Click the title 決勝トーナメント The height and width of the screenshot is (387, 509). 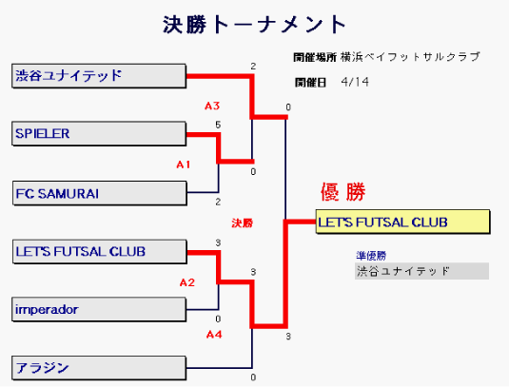coord(255,25)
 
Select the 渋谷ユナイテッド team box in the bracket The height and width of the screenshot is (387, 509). coord(99,76)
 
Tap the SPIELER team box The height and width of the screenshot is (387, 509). coord(99,134)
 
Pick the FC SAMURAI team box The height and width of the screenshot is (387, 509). coord(100,193)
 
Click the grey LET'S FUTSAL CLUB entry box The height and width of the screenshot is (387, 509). coord(100,252)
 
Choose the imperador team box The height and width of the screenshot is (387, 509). coord(99,309)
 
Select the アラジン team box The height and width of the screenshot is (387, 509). coord(99,368)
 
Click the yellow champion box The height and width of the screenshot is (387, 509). coord(402,222)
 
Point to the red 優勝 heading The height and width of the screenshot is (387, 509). coord(343,192)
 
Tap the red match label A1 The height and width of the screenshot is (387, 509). coord(184,164)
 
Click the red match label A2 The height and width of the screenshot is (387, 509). coord(187,282)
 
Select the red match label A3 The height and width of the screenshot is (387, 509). coord(212,106)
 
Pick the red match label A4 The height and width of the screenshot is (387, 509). coord(214,334)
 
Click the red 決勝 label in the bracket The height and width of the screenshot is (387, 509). coord(243,223)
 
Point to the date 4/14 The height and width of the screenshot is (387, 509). coord(355,82)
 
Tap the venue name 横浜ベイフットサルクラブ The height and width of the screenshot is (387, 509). coord(410,57)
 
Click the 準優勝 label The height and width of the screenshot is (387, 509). coord(371,256)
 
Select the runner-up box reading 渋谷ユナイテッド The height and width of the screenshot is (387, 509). coord(421,271)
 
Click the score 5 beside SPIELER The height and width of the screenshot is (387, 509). coord(218,125)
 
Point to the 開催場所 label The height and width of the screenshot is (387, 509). coord(315,57)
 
